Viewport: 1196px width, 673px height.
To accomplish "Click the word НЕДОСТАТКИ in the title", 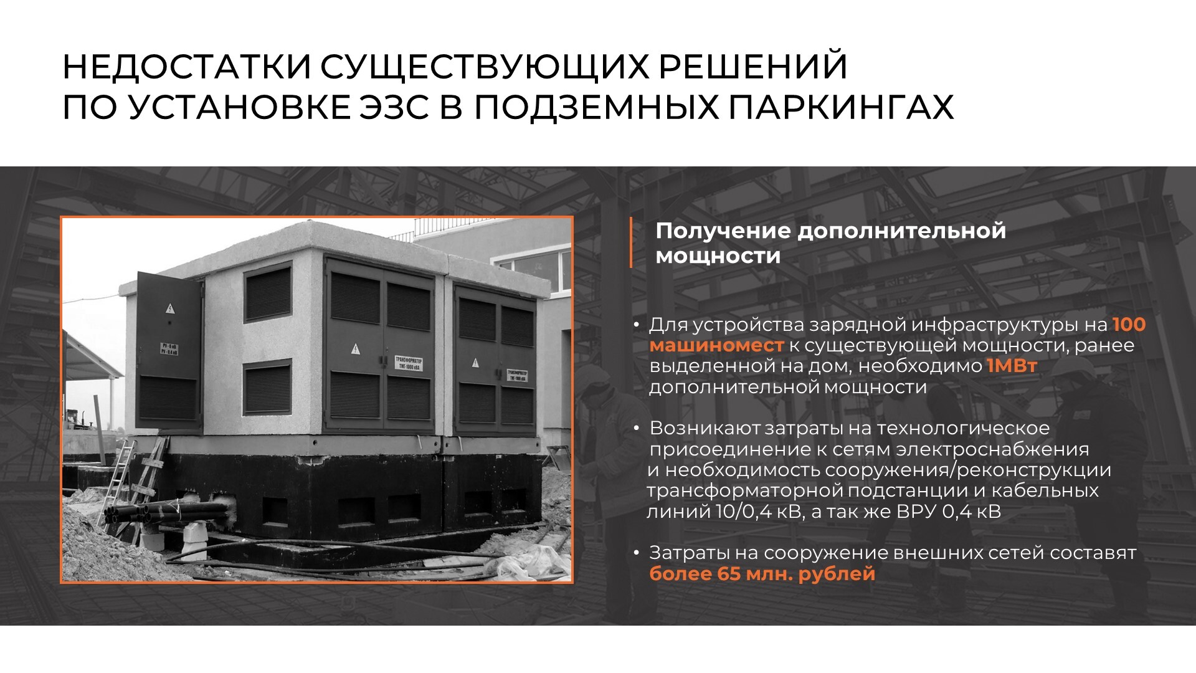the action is pos(187,67).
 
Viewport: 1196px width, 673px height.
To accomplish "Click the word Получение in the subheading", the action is pos(723,231).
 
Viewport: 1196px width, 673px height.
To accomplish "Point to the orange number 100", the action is pos(1129,325).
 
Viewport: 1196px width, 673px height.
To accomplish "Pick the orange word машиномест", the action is pos(716,345).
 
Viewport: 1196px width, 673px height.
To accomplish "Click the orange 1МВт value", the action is pos(1012,366).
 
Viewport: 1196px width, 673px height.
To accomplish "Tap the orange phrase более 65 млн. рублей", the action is pos(762,573).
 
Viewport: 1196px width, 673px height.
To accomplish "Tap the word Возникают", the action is pos(705,429).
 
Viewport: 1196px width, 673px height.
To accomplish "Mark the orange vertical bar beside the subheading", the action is pos(631,242).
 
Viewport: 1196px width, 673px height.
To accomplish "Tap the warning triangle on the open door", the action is pos(169,308).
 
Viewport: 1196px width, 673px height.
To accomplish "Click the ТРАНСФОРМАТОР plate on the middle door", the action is pos(408,363).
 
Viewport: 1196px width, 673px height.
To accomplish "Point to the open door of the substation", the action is pos(169,352).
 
